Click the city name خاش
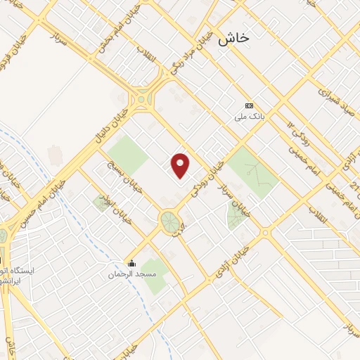point(233,39)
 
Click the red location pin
point(181,166)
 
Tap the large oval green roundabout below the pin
point(169,221)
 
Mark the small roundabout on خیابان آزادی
point(265,233)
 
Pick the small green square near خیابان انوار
point(101,203)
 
